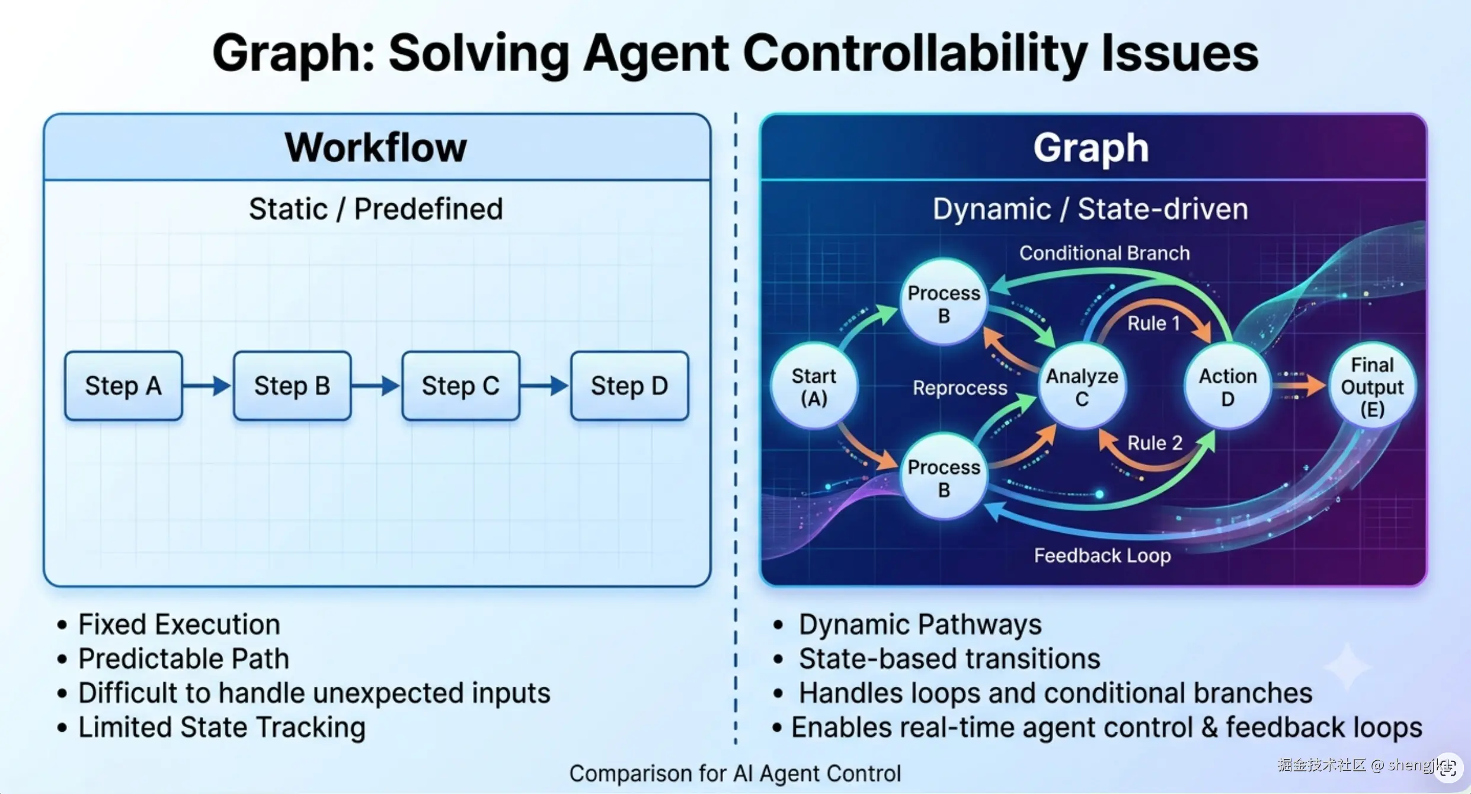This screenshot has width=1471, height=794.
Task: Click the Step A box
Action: (x=123, y=386)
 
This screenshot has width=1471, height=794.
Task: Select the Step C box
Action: (x=461, y=386)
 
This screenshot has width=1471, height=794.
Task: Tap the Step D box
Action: (x=629, y=386)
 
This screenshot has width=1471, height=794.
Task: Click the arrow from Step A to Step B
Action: (x=207, y=386)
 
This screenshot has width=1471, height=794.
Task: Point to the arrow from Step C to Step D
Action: (x=544, y=386)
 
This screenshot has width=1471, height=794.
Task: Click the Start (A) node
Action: (x=814, y=386)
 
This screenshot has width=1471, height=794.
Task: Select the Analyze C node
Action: (x=1082, y=386)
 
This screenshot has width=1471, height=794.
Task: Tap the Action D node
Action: (x=1227, y=386)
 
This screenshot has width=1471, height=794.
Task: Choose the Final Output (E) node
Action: (x=1372, y=386)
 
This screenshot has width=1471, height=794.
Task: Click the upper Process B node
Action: (x=944, y=302)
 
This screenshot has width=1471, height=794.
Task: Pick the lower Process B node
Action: (x=944, y=477)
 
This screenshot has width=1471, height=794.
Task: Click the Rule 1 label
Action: (x=1153, y=323)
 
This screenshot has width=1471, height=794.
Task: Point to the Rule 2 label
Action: (x=1155, y=443)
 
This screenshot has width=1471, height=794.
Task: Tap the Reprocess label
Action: (x=960, y=388)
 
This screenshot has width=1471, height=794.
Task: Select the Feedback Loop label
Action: (x=1102, y=555)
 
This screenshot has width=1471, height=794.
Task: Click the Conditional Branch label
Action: (x=1105, y=253)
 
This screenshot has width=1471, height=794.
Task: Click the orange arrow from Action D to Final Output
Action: (x=1299, y=386)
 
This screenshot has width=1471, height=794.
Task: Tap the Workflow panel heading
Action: (x=376, y=147)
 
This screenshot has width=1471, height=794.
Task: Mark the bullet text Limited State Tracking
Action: (x=222, y=727)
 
